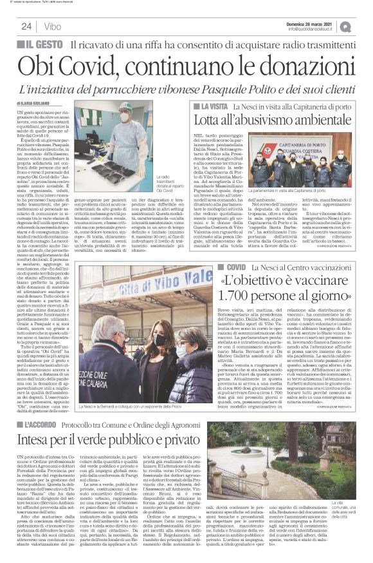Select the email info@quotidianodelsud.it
click(314, 29)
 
